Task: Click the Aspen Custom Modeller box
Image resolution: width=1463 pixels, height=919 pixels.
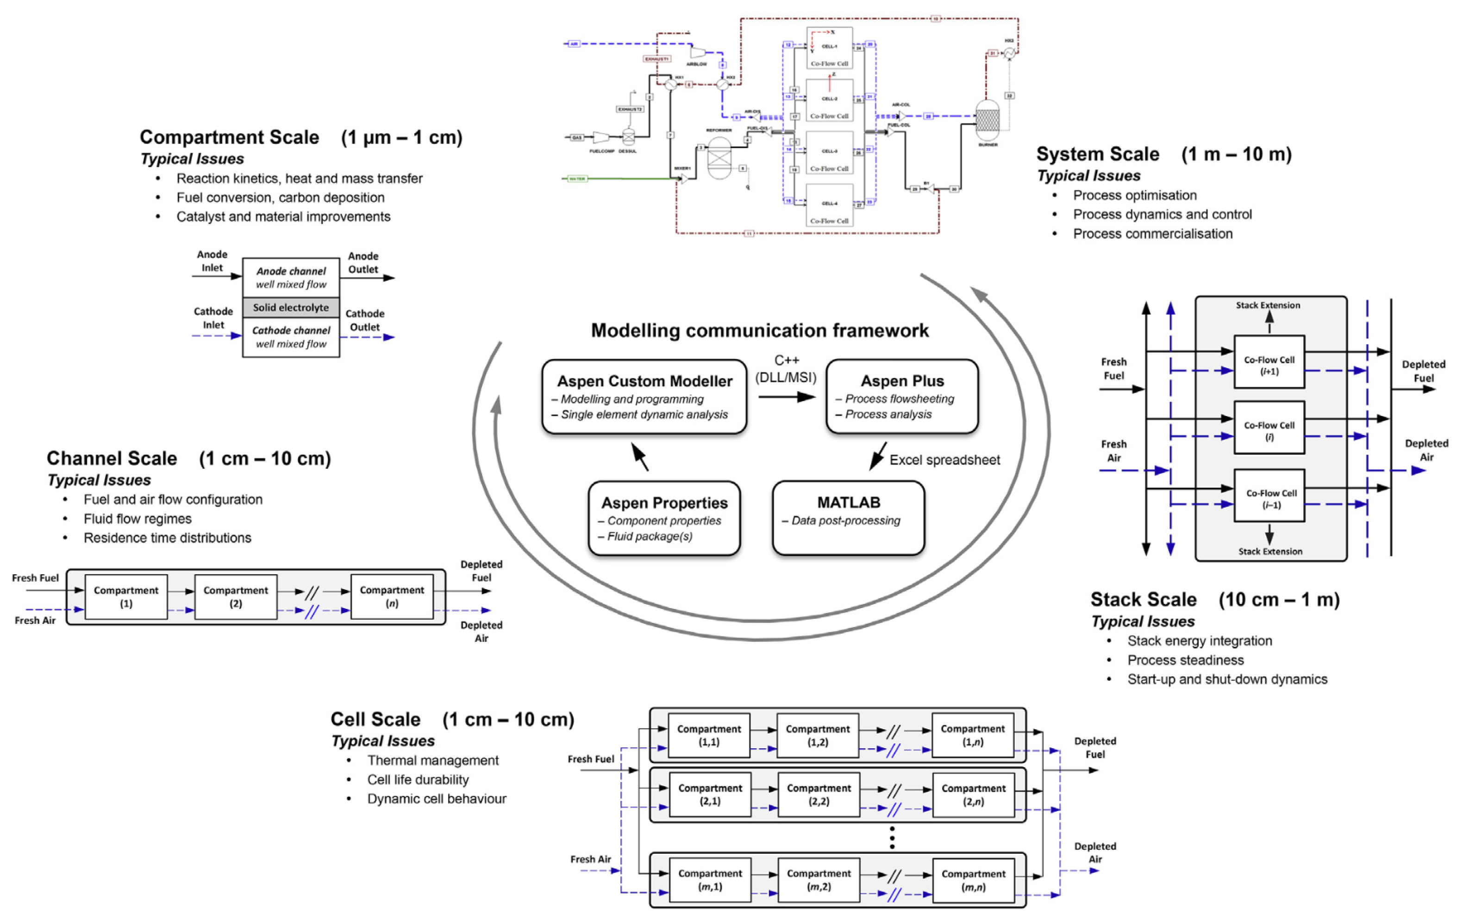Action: [644, 397]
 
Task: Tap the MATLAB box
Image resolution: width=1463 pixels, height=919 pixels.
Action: [848, 517]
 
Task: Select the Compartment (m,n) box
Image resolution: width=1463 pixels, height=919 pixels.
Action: [973, 880]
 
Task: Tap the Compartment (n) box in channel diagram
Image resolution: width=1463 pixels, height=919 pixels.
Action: [392, 596]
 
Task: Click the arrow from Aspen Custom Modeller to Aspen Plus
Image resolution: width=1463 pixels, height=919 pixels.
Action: [786, 397]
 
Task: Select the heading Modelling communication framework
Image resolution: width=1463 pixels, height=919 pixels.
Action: [759, 330]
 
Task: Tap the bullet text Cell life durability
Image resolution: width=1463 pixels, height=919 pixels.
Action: [418, 779]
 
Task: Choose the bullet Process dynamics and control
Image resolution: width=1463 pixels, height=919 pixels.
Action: [1162, 214]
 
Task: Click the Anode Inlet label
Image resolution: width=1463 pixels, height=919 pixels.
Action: [212, 261]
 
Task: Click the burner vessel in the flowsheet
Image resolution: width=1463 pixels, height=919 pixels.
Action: [987, 120]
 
